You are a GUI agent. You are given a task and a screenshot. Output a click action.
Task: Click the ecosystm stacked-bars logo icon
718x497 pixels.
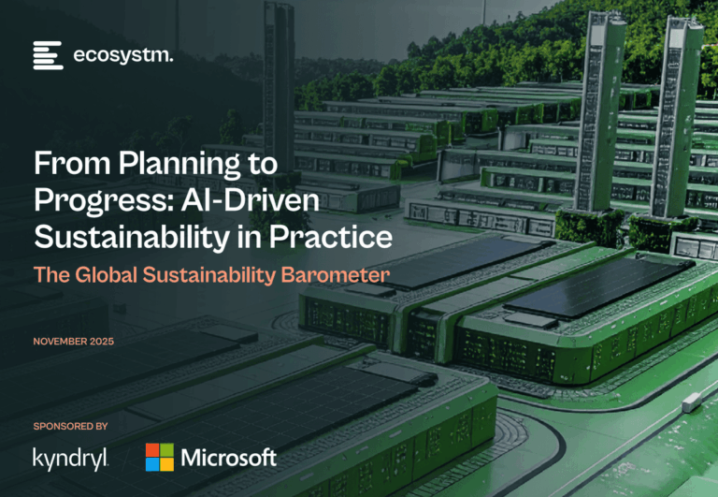coord(48,55)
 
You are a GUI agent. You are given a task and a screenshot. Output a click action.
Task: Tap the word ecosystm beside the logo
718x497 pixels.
coord(123,55)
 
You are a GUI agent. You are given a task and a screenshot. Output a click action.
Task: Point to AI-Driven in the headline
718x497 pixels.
coord(251,199)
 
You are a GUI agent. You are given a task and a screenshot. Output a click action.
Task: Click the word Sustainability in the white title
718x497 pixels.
coord(132,237)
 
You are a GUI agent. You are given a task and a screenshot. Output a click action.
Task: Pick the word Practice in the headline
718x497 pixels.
coord(331,237)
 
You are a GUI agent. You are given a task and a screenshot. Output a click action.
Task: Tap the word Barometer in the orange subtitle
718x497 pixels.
coord(336,274)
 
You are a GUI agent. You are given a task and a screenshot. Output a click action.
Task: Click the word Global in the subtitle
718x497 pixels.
coord(106,274)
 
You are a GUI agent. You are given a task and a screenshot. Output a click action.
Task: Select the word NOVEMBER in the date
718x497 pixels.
coord(60,341)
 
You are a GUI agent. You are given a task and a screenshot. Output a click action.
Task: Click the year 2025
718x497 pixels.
coord(102,341)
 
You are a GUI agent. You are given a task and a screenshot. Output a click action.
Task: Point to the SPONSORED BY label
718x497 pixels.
coord(70,426)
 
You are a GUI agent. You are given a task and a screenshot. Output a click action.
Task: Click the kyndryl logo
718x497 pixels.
coord(70,459)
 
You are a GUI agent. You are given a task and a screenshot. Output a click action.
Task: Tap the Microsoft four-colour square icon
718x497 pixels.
coord(160,457)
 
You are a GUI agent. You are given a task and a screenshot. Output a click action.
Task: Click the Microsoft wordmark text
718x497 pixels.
coord(228,457)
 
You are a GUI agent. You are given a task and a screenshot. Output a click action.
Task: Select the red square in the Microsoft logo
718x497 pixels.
coord(152,450)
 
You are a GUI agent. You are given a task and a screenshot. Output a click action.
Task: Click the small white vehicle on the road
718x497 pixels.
coord(692,402)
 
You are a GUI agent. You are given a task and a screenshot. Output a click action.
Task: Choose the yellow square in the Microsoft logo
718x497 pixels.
coord(167,464)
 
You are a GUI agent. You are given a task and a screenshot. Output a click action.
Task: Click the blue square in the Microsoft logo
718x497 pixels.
coord(152,464)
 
